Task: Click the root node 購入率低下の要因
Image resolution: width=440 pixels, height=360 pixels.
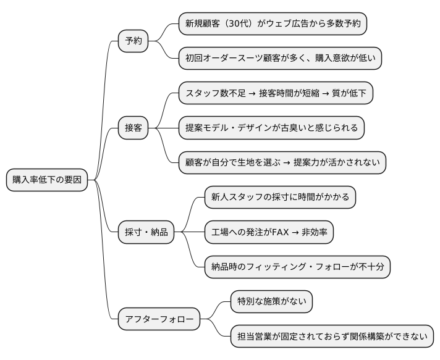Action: tap(47, 180)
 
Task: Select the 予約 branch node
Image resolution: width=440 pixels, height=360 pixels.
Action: tap(133, 41)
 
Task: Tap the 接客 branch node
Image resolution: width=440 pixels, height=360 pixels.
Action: tap(133, 128)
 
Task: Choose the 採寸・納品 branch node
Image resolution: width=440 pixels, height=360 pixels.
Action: tap(146, 232)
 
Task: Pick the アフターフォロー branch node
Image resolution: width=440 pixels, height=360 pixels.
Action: tap(159, 319)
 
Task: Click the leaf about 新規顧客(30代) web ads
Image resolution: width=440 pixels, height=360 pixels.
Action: tap(272, 24)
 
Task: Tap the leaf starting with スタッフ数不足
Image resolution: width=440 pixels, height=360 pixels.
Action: tap(276, 94)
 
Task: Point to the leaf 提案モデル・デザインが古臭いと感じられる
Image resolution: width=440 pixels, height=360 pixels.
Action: tap(271, 128)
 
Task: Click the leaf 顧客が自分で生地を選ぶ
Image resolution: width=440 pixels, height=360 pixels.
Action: tap(282, 162)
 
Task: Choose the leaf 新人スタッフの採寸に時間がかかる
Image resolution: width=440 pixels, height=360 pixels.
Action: tap(280, 198)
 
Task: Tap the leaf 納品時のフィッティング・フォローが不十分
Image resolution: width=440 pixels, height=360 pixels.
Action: tap(297, 267)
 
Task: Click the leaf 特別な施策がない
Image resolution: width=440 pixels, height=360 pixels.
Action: tap(271, 302)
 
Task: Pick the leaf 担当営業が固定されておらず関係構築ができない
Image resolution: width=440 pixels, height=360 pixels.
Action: tap(332, 337)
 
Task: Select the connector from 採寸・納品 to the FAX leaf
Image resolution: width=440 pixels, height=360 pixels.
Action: tap(190, 232)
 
